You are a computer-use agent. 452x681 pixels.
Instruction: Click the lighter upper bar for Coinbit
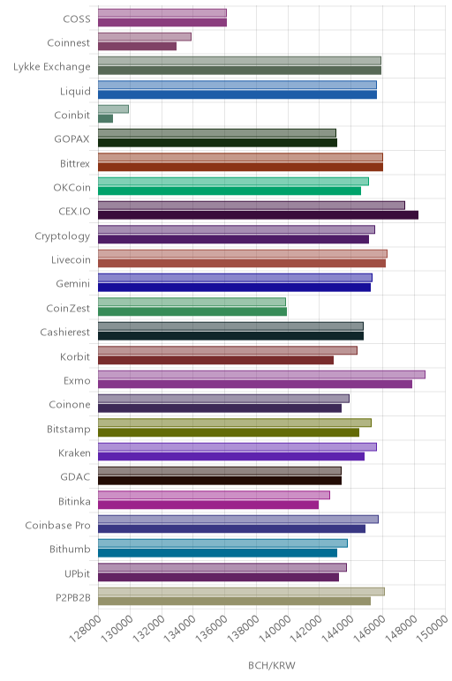tap(113, 109)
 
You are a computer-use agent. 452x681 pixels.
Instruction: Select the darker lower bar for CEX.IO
tap(258, 215)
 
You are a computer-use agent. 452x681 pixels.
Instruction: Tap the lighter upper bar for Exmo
tap(261, 374)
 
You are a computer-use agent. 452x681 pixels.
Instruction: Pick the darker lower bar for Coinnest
tap(138, 46)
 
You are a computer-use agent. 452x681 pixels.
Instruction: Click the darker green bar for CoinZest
tap(192, 311)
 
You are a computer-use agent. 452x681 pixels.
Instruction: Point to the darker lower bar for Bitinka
tap(208, 505)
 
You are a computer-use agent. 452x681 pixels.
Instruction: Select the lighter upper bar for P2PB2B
tap(241, 592)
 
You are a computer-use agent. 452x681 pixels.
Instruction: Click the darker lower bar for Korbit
tap(216, 360)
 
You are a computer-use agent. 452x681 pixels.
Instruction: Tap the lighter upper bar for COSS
tap(162, 12)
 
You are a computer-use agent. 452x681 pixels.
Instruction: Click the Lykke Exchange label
tap(52, 67)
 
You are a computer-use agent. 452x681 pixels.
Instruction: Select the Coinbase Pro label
tap(57, 526)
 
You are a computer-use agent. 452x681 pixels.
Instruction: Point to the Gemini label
tap(72, 284)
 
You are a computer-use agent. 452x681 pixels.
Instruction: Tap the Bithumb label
tap(70, 550)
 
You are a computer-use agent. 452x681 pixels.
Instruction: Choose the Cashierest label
tap(64, 333)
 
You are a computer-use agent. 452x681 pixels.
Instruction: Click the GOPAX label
tap(72, 139)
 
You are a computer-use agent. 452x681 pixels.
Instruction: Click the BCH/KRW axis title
tap(272, 665)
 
